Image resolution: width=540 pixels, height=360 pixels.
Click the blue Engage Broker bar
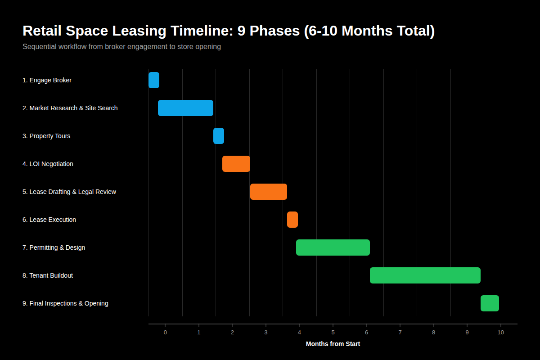(x=154, y=80)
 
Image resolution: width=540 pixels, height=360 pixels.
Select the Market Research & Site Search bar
(x=185, y=108)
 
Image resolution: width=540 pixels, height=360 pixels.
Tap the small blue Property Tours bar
(x=219, y=136)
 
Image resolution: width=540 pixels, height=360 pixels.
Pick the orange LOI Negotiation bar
(x=236, y=164)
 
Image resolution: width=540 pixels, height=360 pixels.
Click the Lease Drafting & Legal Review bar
(x=269, y=192)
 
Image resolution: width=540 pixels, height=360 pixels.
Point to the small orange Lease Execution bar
(x=292, y=220)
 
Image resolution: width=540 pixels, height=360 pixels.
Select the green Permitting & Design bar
(x=333, y=247)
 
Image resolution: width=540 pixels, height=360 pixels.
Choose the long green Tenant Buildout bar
(x=425, y=275)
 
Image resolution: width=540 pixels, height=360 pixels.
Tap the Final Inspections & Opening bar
(x=490, y=303)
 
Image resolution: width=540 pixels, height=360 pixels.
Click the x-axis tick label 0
(x=165, y=332)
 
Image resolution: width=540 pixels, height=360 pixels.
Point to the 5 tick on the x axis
(x=333, y=332)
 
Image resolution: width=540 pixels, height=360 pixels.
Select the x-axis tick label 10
(x=501, y=332)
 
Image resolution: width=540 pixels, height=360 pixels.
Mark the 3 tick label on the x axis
(x=266, y=332)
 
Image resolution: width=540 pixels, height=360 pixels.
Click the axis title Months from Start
(x=333, y=344)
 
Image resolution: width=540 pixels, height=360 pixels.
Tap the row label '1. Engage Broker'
(x=47, y=80)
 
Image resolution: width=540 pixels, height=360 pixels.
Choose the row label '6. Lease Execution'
(x=49, y=220)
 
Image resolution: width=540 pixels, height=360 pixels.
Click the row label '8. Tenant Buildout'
(x=48, y=275)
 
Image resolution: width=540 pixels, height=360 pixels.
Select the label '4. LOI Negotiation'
(x=48, y=164)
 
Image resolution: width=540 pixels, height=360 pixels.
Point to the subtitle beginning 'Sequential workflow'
(x=121, y=46)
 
